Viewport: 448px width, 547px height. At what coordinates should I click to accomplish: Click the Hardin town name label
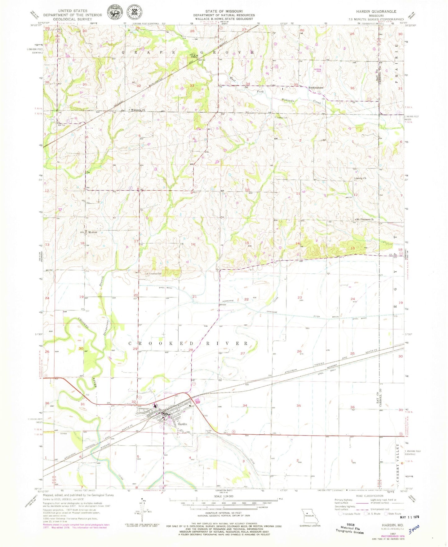182,424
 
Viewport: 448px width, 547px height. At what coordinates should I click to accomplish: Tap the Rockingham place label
316,88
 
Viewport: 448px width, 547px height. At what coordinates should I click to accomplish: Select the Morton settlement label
93,232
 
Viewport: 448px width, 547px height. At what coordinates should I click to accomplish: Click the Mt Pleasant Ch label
365,219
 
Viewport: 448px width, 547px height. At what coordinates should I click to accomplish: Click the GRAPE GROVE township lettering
188,53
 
